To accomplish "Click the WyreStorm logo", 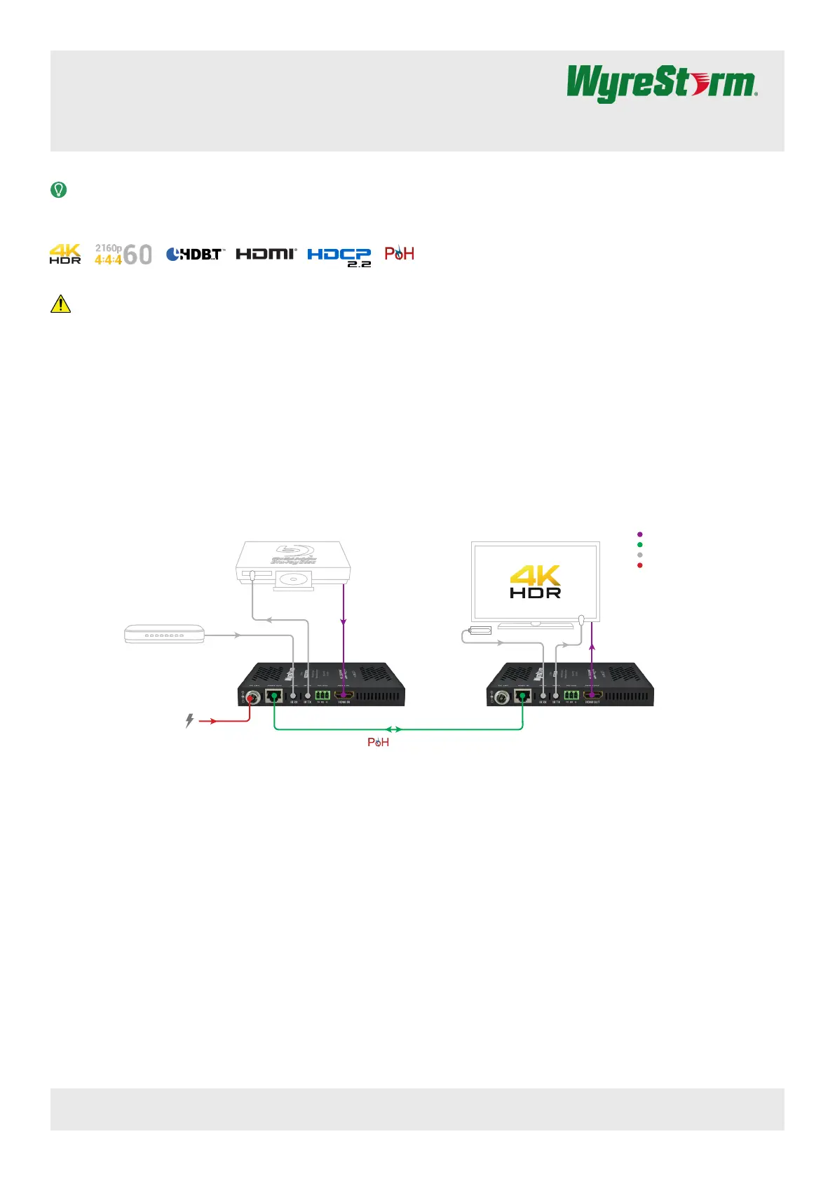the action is coord(661,83).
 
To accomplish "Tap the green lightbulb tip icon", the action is coord(59,189).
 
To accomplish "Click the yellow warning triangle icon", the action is coord(60,304).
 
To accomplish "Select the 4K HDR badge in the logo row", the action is coord(65,254).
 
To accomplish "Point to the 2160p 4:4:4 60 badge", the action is coord(123,254).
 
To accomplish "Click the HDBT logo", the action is coord(195,254).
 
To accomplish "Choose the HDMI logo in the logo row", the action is coord(266,254).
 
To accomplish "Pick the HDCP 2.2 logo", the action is coord(339,256).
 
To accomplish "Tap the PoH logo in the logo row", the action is coord(399,253).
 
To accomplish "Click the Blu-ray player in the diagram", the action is coord(293,564).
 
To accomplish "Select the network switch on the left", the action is coord(164,634).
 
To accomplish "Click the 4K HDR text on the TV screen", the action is coord(535,582).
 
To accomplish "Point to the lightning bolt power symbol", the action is coord(189,720).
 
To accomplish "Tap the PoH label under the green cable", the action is coord(378,742).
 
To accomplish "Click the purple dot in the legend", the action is coord(639,534).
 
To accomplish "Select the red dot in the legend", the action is coord(639,565).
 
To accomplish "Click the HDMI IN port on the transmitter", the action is coord(344,696).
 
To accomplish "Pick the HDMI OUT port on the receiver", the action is coord(592,696).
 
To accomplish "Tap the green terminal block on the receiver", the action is coord(571,696).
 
